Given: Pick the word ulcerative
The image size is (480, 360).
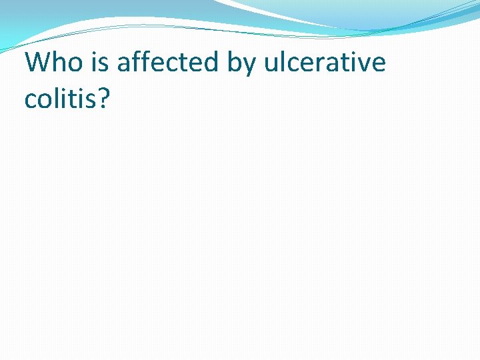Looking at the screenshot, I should (x=325, y=63).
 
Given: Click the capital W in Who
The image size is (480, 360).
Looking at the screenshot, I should (x=37, y=63).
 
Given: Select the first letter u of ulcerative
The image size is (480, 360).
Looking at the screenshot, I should (x=271, y=64).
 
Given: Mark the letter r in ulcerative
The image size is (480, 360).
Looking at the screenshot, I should (x=320, y=64).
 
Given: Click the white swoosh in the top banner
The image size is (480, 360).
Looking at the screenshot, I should (x=280, y=13).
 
